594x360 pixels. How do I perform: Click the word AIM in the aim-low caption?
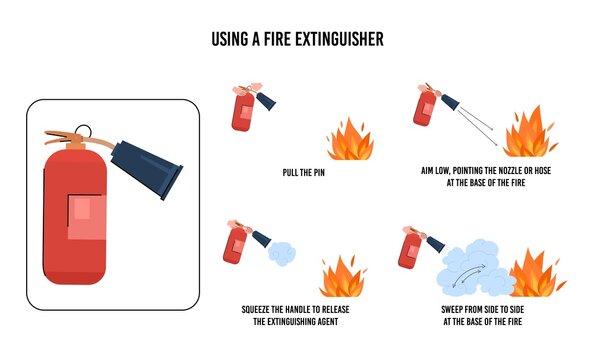pyautogui.click(x=430, y=172)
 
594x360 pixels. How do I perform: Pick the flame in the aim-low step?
pyautogui.click(x=526, y=134)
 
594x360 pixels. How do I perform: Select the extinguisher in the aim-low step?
pyautogui.click(x=424, y=106)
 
